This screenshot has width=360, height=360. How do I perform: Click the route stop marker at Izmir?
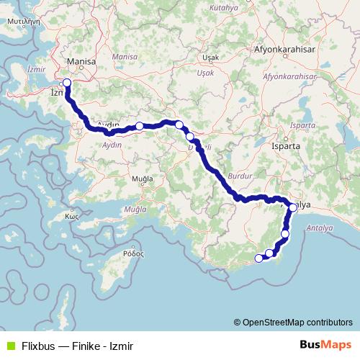coord(67,82)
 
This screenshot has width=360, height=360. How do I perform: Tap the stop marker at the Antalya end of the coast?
coord(293,208)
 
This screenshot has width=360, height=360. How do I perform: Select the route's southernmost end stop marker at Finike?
coord(258,258)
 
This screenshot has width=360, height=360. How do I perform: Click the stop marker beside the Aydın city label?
coord(140,126)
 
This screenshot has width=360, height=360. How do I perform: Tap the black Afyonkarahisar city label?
coord(285,50)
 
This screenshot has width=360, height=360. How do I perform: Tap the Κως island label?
coord(71,215)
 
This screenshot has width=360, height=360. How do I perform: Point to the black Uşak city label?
coord(210,56)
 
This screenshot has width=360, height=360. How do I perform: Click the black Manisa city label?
coord(81,63)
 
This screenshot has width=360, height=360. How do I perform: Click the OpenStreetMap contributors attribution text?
coord(297,322)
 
